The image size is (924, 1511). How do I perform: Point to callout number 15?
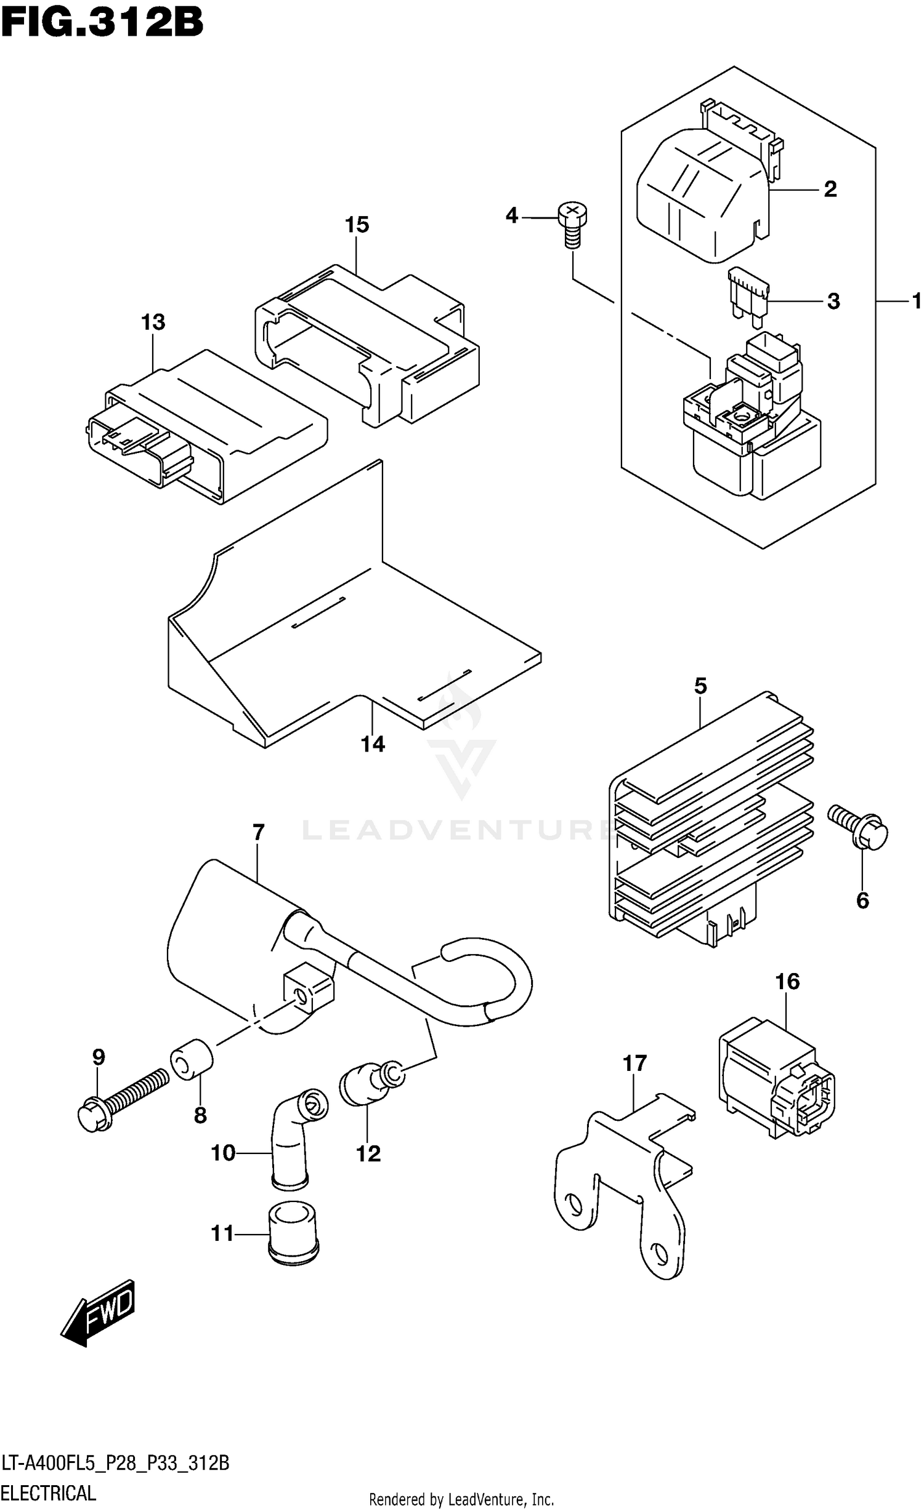357,225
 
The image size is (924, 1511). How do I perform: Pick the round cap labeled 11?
293,1232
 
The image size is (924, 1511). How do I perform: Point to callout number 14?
373,745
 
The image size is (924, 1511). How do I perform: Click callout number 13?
153,323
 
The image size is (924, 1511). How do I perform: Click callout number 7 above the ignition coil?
259,833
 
